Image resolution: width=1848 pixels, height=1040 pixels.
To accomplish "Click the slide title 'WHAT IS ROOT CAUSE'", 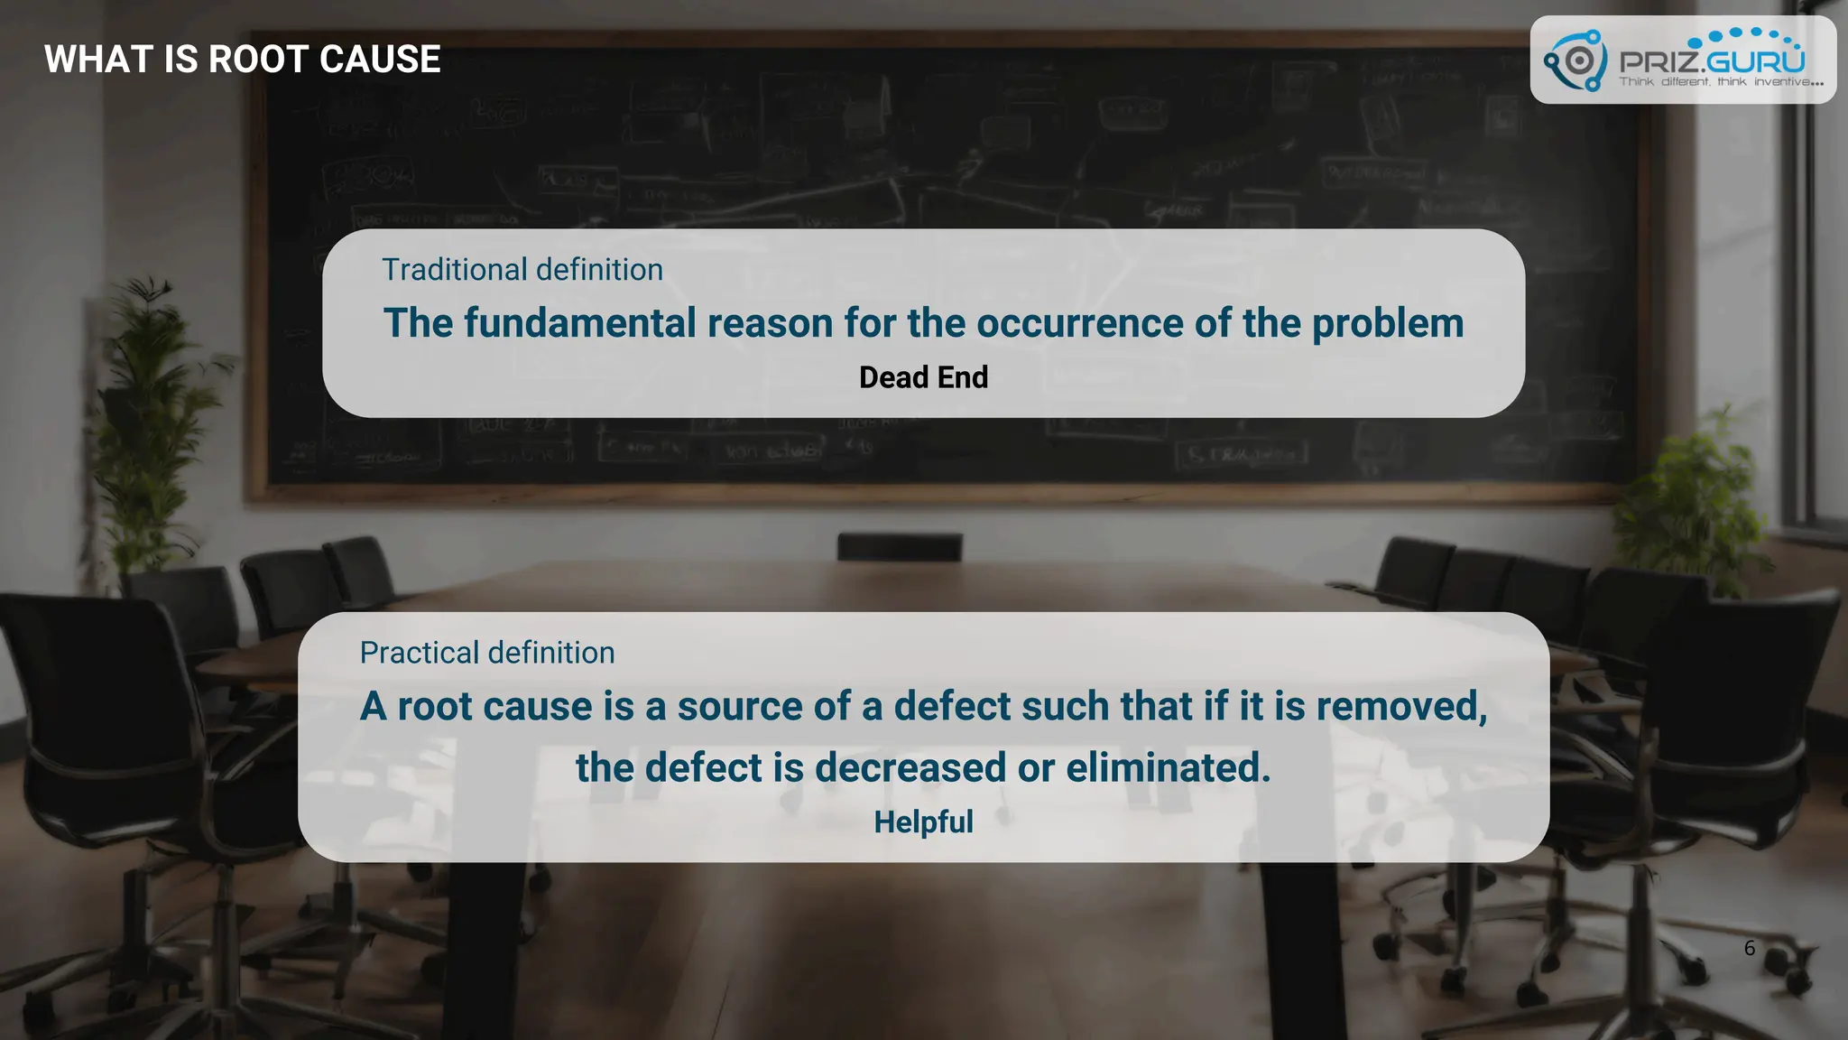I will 242,60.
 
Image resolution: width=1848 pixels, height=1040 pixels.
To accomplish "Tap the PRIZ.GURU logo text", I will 1712,60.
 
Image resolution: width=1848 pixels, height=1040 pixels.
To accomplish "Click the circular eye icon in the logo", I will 1577,60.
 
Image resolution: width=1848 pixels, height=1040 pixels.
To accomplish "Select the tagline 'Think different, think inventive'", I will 1720,82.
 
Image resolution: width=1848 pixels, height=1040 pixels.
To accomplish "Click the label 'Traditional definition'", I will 522,270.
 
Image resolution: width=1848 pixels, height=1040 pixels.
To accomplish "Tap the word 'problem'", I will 1387,323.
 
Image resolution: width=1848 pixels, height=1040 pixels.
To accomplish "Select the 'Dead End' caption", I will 923,377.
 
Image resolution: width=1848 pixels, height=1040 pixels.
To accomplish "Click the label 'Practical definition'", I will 487,653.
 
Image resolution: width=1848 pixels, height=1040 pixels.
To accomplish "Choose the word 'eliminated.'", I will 1168,767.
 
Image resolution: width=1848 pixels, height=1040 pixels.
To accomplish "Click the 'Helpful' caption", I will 923,822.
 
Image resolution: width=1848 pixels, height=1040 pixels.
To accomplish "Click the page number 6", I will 1749,948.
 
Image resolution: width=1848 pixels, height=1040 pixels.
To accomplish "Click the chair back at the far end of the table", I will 899,546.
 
